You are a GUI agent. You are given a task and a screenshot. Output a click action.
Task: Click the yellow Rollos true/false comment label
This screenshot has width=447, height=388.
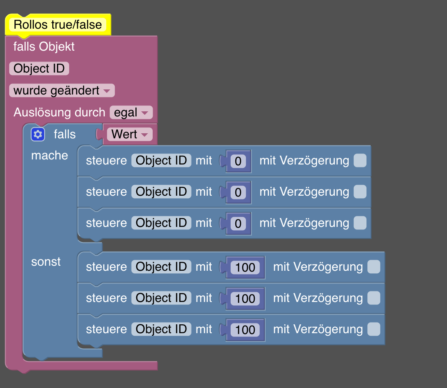point(58,24)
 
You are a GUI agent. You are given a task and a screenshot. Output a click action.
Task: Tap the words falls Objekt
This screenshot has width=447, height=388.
point(44,46)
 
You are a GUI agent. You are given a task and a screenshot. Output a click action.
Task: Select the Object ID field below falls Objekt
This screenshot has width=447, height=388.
point(39,68)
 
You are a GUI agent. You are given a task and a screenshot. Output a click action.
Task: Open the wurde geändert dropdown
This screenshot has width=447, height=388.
point(62,90)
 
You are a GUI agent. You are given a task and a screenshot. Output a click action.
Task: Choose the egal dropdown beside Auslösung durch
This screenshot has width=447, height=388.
point(131,113)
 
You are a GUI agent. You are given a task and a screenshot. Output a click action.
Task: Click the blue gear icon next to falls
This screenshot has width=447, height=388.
point(38,135)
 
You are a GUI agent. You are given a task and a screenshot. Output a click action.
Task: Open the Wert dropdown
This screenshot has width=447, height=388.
point(129,135)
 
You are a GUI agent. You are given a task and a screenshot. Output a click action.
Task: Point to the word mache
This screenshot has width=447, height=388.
point(49,155)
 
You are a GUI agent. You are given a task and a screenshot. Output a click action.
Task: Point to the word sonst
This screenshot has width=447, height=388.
point(46,261)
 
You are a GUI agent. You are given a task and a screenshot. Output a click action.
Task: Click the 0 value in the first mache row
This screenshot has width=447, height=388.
point(238,161)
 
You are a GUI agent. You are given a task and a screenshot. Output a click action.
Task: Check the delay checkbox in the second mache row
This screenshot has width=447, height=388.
point(360,192)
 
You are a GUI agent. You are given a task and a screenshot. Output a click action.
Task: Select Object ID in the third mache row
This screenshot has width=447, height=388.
point(161,223)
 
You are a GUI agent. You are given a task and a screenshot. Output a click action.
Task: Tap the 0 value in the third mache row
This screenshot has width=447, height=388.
point(238,224)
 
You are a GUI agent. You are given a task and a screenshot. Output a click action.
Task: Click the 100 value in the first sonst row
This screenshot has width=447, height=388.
point(245,267)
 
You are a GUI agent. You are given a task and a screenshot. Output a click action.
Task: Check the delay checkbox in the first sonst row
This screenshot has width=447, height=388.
point(374,267)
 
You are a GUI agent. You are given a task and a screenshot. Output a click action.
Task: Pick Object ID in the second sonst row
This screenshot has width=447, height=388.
point(161,298)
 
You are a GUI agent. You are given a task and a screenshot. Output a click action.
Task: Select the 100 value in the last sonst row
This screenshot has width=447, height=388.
point(245,330)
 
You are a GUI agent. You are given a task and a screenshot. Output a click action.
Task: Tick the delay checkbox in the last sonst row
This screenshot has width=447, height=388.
point(374,329)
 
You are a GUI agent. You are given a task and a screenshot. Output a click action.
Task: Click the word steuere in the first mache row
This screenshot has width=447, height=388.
point(106,161)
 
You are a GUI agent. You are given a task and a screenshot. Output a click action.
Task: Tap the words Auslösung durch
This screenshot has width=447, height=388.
point(59,113)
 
